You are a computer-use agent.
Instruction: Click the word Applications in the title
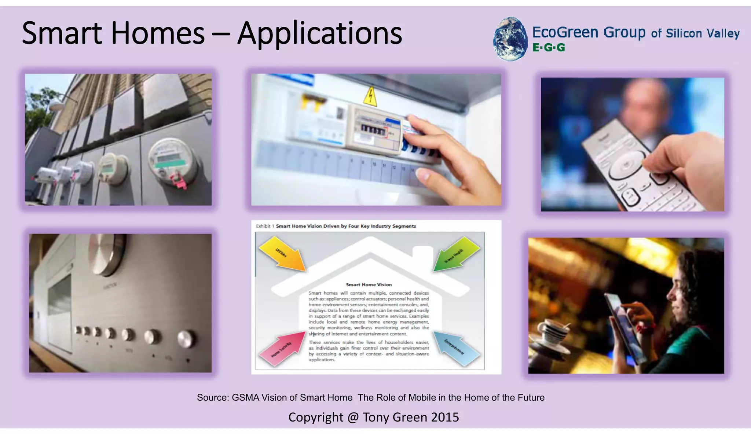tap(319, 34)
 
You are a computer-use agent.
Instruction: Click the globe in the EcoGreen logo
tap(510, 38)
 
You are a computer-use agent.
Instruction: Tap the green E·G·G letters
tap(549, 48)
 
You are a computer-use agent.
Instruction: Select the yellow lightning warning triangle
tap(371, 97)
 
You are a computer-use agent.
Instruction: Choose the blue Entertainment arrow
tap(456, 348)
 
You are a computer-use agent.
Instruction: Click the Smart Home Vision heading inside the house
tap(369, 284)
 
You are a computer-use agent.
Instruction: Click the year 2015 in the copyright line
tap(445, 417)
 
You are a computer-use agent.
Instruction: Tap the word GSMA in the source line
tap(245, 398)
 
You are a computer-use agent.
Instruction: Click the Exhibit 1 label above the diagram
tap(263, 226)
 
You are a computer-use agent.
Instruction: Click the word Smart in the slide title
tap(62, 34)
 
